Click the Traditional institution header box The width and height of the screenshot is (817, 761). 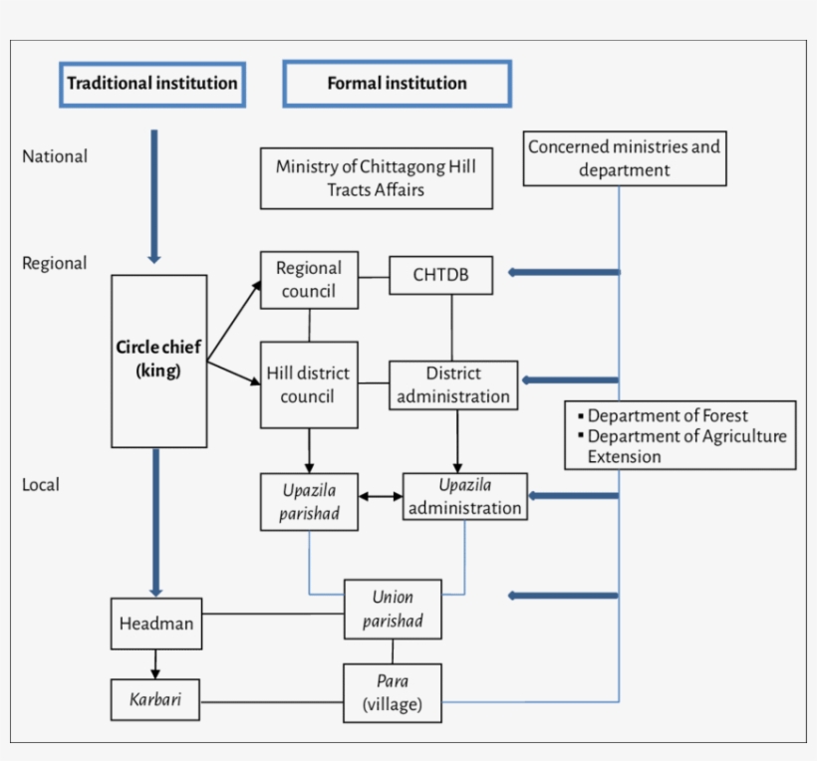[152, 84]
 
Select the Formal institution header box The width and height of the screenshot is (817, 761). [397, 84]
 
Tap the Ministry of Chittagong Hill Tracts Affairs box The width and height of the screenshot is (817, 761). [376, 178]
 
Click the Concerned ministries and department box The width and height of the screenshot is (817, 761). [624, 158]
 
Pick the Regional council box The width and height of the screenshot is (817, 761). [309, 280]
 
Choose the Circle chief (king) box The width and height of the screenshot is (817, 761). [158, 361]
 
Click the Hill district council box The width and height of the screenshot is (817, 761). [308, 385]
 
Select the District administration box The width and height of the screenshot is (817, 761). [453, 385]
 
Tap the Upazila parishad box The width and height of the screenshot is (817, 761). [308, 502]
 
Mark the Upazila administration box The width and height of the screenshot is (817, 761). [464, 497]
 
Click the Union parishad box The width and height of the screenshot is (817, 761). [393, 609]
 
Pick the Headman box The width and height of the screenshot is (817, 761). [156, 625]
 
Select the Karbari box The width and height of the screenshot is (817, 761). [154, 700]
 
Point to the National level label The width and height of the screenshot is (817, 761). [55, 156]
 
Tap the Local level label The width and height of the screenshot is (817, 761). [41, 485]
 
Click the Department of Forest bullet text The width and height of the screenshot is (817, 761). [667, 416]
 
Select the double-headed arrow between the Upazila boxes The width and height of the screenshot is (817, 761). [380, 495]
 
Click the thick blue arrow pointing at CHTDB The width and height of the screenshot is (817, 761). [563, 272]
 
